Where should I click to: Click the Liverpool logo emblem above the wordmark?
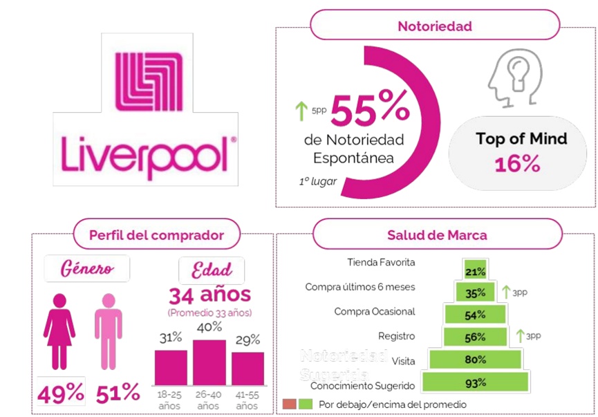[x=149, y=81]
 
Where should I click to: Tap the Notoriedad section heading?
[x=434, y=26]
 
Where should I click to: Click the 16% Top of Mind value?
[x=517, y=164]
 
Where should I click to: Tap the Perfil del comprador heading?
[x=156, y=235]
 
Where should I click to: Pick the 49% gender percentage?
[x=60, y=393]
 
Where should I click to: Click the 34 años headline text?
[x=210, y=296]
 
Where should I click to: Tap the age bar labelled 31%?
[x=170, y=367]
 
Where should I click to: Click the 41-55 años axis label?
[x=247, y=400]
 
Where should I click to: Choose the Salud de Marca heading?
[x=437, y=235]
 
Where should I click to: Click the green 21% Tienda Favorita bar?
[x=475, y=271]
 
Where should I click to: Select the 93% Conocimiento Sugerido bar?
[x=475, y=382]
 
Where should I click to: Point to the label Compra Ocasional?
[x=374, y=312]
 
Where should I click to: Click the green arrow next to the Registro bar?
[x=521, y=336]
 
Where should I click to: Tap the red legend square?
[x=289, y=404]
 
